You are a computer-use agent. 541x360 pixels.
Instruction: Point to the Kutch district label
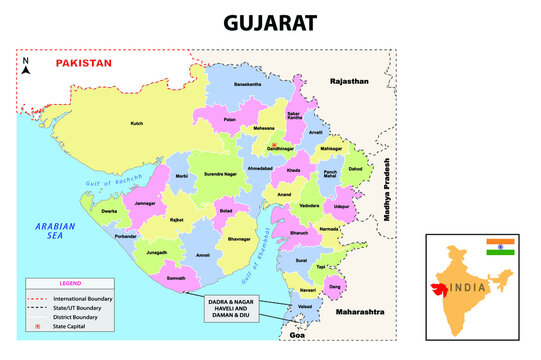tap(137, 124)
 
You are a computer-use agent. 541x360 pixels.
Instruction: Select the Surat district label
tap(301, 260)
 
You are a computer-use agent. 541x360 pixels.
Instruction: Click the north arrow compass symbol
tap(28, 66)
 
